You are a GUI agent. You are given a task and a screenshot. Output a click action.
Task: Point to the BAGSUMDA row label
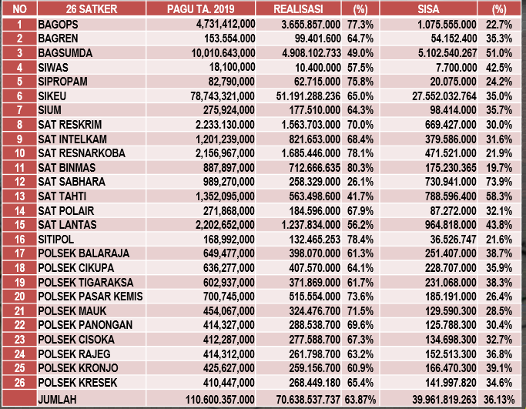65,52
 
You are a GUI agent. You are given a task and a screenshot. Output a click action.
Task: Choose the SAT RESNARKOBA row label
80,153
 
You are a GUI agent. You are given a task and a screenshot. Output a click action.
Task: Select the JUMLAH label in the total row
58,399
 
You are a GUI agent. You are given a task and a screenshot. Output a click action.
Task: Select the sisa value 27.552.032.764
434,96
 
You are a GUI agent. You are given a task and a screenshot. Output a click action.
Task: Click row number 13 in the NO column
19,196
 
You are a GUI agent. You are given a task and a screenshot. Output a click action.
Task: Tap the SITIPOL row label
57,239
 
